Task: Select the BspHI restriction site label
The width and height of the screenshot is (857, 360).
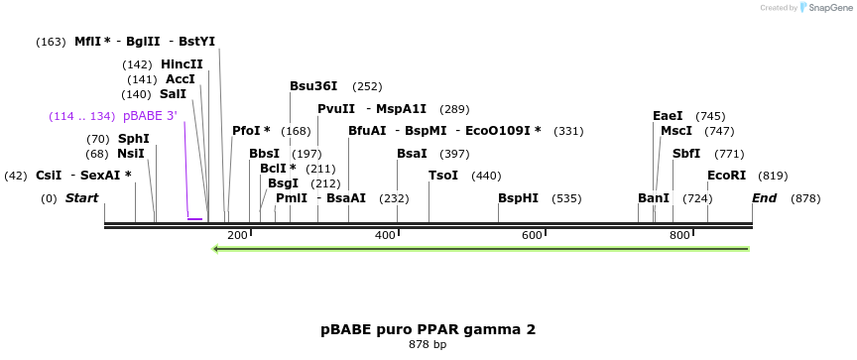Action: tap(518, 198)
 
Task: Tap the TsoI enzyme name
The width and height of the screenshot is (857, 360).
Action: tap(443, 176)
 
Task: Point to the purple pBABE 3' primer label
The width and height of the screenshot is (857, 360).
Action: tap(150, 116)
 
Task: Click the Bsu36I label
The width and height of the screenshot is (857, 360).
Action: tap(313, 86)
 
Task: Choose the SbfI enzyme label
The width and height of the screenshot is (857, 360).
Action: tap(686, 154)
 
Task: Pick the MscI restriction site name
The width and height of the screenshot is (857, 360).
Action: tap(676, 131)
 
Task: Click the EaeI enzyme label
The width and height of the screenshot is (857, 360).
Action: tap(668, 116)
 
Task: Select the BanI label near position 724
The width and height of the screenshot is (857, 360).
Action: tap(654, 198)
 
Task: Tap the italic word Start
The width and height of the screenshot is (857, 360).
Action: tap(81, 198)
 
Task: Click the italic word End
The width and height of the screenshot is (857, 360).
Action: tap(764, 198)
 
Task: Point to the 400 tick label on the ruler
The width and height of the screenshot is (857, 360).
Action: tap(385, 235)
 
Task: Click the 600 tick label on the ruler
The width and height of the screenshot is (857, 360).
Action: tap(532, 235)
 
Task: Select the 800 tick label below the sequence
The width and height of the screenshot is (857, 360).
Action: tap(679, 235)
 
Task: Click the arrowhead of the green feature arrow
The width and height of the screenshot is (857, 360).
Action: tap(217, 248)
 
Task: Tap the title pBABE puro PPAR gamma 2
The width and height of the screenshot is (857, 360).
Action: tap(428, 329)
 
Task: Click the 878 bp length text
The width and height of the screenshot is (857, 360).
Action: tap(428, 345)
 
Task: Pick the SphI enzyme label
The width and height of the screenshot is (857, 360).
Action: tap(134, 139)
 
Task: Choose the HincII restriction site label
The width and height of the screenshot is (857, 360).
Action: tap(182, 64)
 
